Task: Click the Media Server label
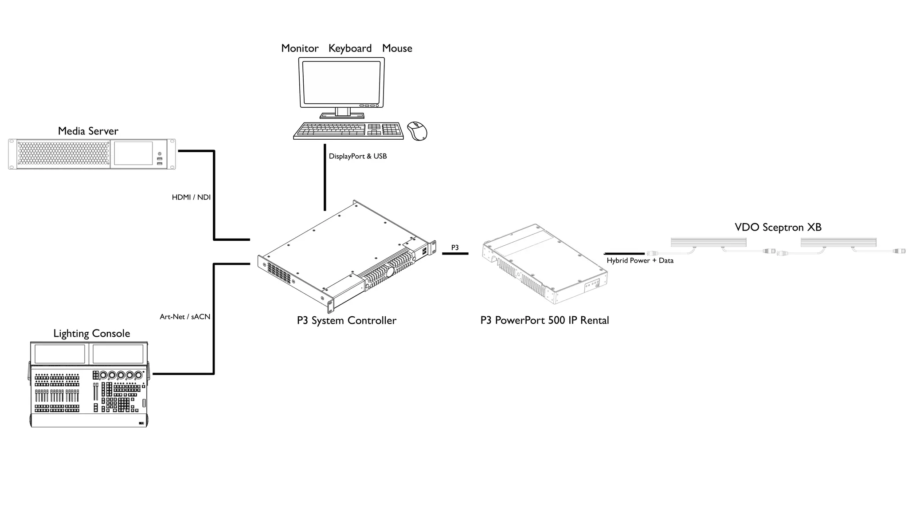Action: (88, 131)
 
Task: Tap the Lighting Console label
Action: (91, 334)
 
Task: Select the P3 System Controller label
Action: (346, 320)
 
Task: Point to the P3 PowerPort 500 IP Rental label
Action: (544, 320)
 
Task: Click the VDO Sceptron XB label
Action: (778, 228)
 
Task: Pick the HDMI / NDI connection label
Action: (191, 197)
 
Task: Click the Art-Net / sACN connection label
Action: (185, 317)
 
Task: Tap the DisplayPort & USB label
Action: (357, 156)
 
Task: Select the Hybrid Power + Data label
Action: (640, 260)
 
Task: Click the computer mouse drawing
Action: (417, 131)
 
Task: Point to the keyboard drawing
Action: (348, 130)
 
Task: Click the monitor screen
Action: (341, 82)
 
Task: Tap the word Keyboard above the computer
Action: (350, 48)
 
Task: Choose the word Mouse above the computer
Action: (397, 48)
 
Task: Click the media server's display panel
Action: (133, 153)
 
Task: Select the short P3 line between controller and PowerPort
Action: (455, 253)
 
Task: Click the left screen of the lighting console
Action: (59, 354)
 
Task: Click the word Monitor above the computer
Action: (300, 48)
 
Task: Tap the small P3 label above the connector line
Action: (455, 248)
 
